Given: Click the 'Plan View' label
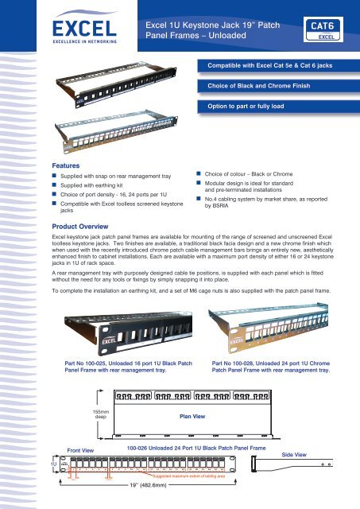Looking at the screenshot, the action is point(194,415).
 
